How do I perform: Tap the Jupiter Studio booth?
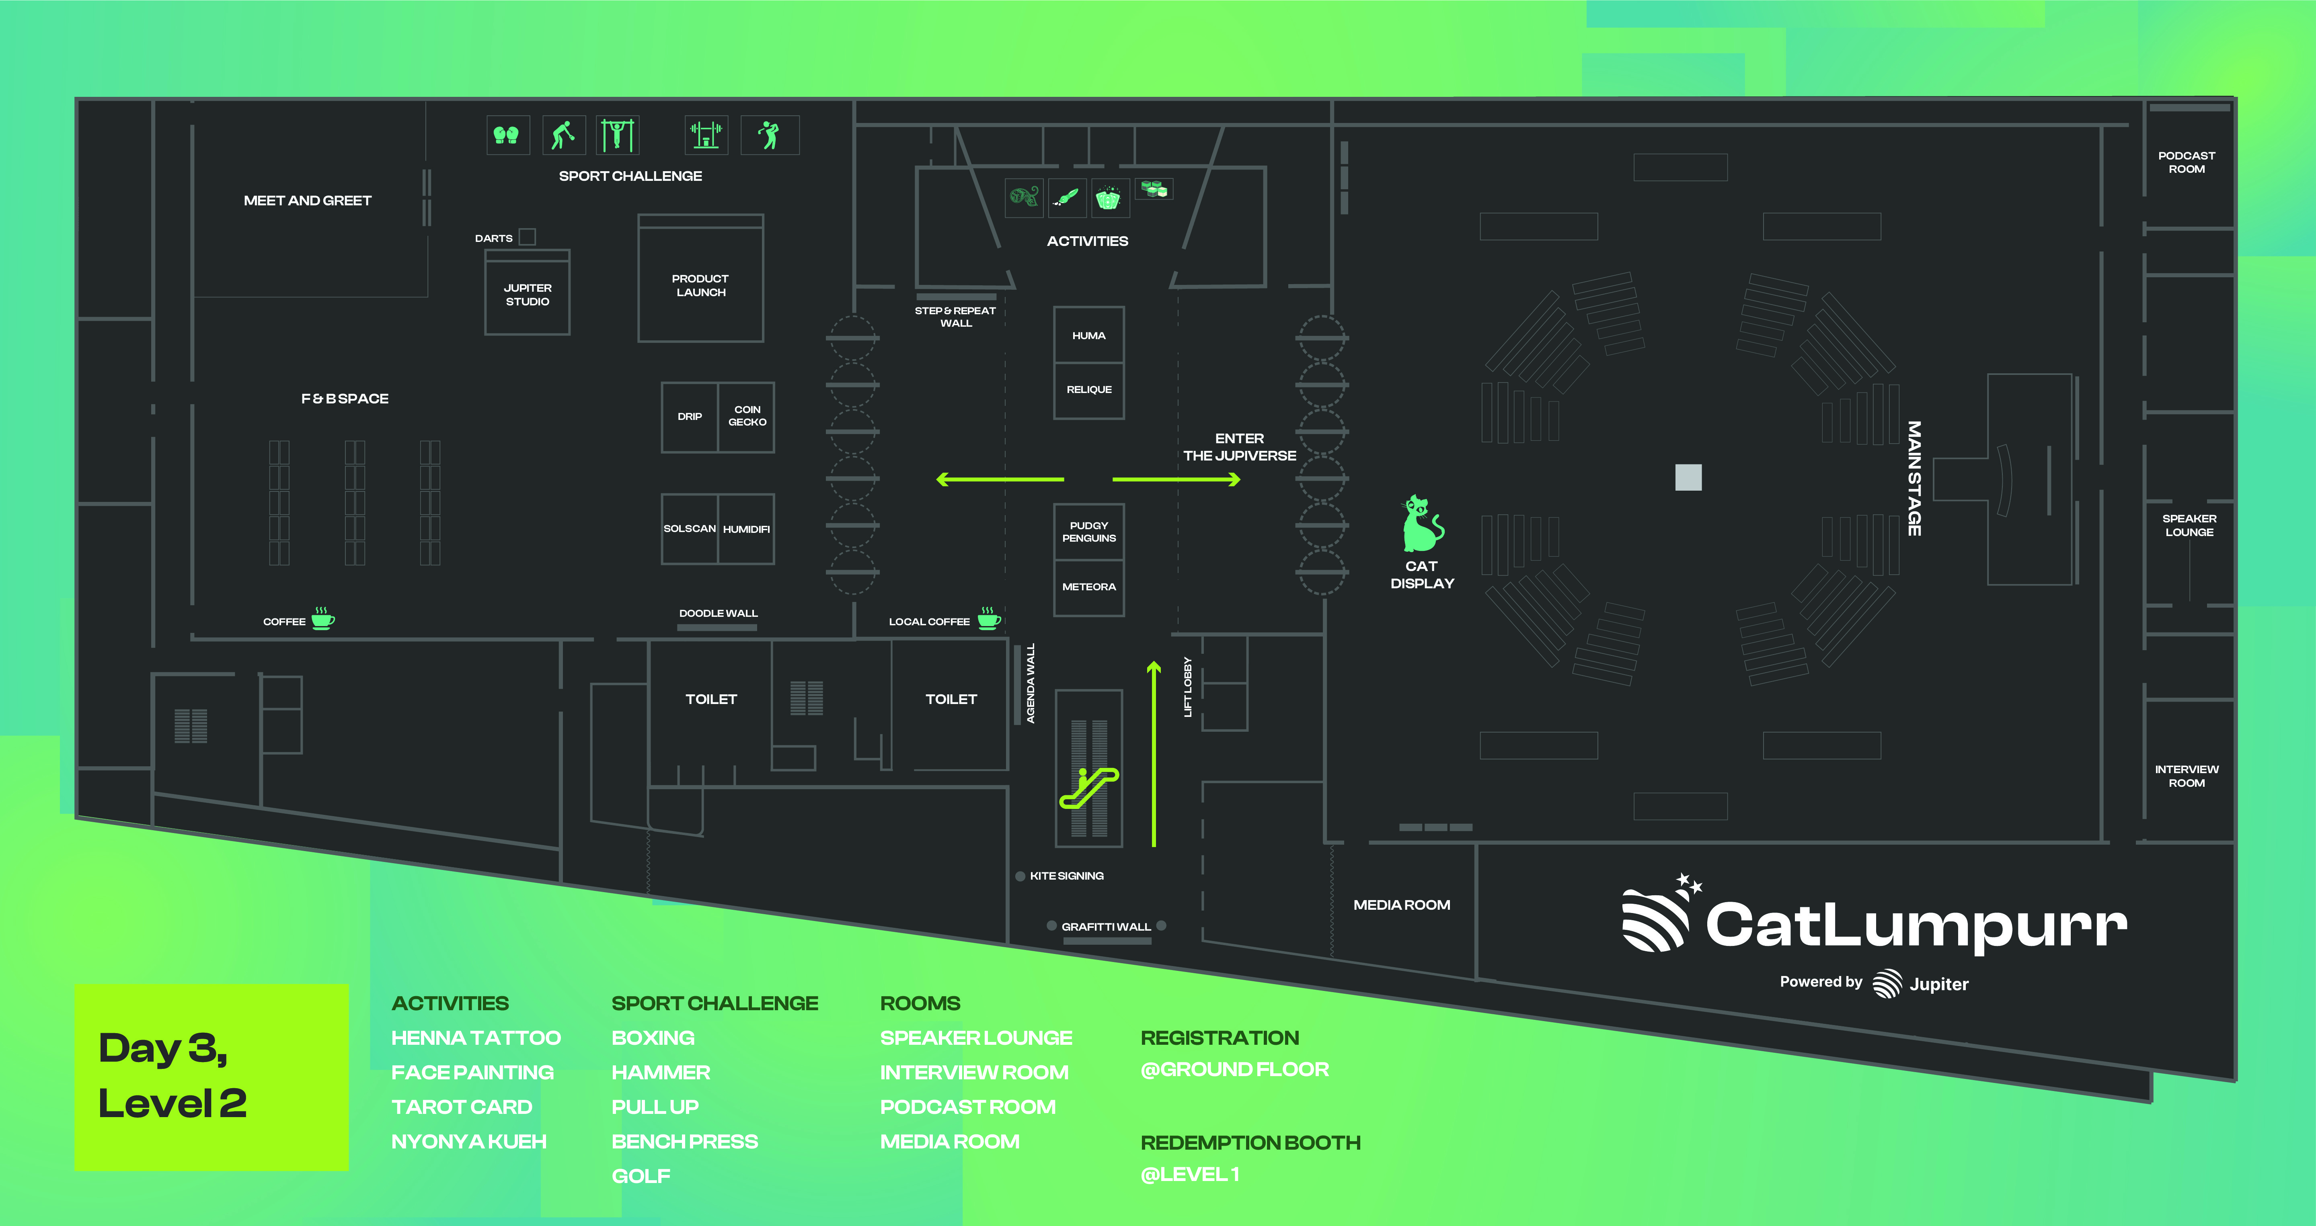[528, 294]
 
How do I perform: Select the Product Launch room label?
[700, 285]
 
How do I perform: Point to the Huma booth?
[1089, 335]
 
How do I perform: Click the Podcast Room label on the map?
[2187, 162]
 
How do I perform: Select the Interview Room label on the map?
[2187, 776]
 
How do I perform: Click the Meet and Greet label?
[308, 201]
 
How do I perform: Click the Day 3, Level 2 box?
[211, 1077]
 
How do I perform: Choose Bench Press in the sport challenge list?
[684, 1142]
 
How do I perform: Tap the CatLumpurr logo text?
[1915, 924]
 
